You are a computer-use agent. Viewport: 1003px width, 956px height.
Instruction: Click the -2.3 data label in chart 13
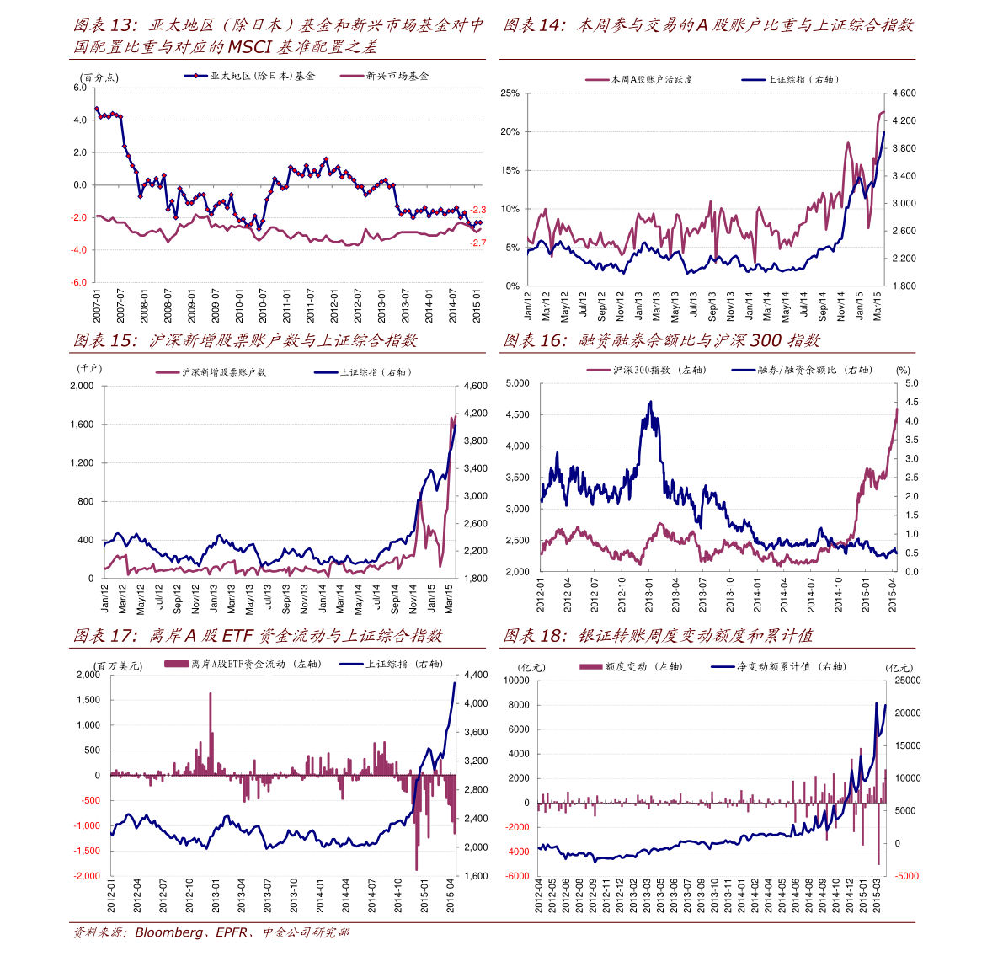[x=477, y=210]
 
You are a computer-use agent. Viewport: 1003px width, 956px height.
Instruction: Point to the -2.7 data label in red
[x=477, y=243]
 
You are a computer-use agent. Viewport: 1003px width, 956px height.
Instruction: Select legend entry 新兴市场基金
[x=397, y=76]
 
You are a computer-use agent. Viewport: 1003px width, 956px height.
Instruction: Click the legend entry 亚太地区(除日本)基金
[x=262, y=76]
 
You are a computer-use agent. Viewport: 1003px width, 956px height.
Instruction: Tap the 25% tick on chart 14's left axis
[x=510, y=93]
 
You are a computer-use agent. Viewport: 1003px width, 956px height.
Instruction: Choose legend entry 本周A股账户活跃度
[x=651, y=79]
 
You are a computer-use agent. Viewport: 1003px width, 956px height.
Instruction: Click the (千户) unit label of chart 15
[x=88, y=369]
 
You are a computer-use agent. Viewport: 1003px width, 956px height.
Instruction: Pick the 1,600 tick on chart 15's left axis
[x=82, y=425]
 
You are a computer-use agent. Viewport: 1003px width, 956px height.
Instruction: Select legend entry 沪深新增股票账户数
[x=223, y=372]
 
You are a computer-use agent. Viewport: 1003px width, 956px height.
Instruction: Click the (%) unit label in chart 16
[x=904, y=370]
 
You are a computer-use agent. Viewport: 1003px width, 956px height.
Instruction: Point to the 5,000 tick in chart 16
[x=517, y=383]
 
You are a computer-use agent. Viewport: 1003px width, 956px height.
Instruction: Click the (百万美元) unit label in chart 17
[x=119, y=666]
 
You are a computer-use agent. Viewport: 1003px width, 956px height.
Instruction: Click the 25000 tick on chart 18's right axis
[x=907, y=681]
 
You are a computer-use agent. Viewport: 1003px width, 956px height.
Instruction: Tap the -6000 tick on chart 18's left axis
[x=516, y=876]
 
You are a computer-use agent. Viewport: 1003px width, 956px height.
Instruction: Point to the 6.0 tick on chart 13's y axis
[x=80, y=88]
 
